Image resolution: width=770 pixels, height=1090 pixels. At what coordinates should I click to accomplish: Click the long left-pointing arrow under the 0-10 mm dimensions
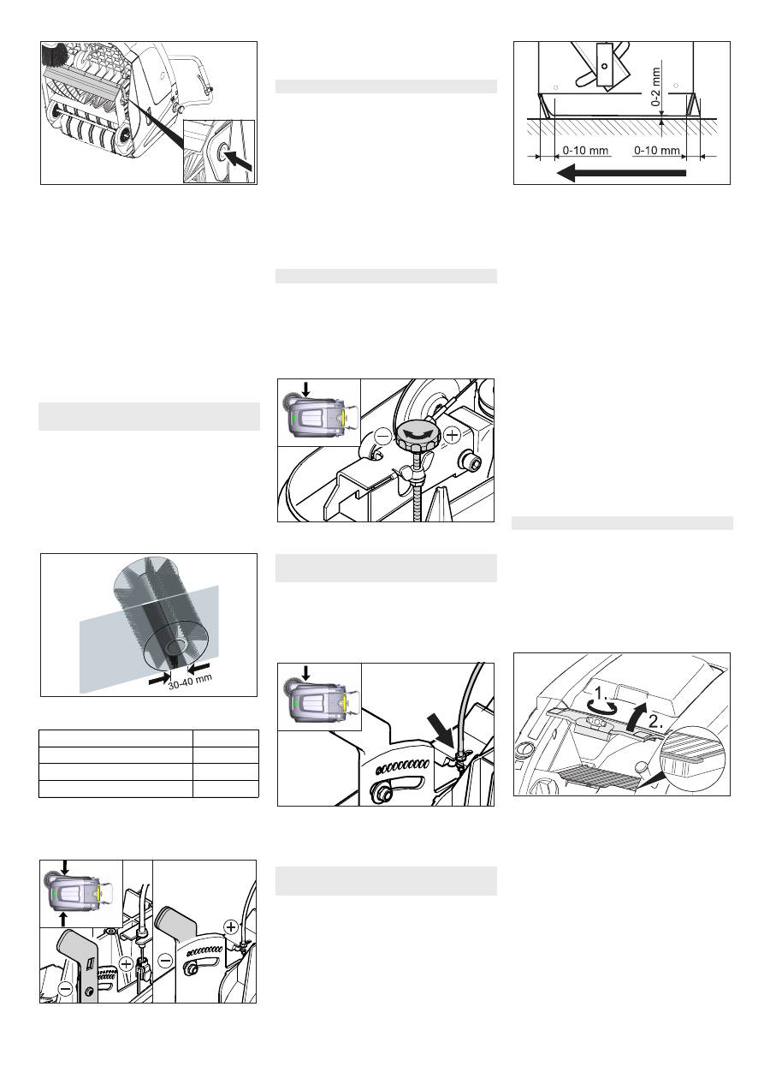(x=621, y=173)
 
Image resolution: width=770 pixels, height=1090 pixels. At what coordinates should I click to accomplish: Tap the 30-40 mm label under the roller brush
(x=190, y=682)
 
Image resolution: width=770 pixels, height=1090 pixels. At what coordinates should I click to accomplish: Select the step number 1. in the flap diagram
(x=602, y=692)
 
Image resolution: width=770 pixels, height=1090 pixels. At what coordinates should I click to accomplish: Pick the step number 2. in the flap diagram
(x=655, y=722)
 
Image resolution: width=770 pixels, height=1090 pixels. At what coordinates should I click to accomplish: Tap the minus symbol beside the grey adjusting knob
(x=383, y=436)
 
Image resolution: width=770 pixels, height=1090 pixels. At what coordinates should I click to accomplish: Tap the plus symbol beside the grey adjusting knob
(x=452, y=435)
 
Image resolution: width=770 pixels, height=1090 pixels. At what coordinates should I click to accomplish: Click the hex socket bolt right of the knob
(x=470, y=460)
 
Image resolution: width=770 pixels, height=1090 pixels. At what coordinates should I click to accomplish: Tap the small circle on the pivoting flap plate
(x=604, y=66)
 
